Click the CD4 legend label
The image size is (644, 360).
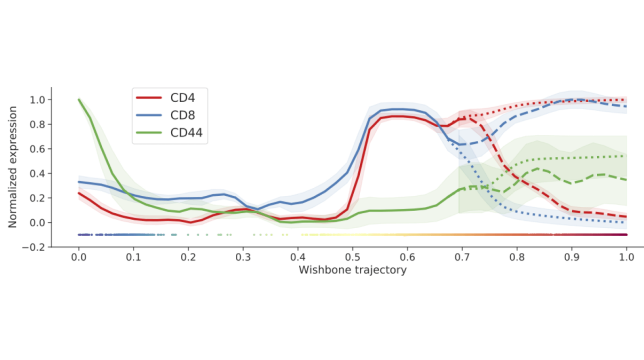(182, 98)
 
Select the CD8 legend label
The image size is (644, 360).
(182, 115)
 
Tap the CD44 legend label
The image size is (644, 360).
(186, 133)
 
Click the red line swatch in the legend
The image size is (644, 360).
(149, 98)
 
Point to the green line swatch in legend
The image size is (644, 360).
(149, 133)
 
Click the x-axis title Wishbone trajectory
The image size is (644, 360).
(352, 270)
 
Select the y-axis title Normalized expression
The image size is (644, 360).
(12, 167)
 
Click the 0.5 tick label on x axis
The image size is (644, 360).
(352, 257)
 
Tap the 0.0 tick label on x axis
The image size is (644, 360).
(79, 257)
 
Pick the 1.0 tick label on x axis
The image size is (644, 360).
(626, 257)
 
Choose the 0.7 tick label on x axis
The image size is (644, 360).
(462, 257)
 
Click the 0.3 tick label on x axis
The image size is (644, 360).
(243, 257)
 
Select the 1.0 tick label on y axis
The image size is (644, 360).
(37, 100)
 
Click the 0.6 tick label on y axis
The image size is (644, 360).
(37, 149)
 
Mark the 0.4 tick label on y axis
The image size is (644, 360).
(37, 174)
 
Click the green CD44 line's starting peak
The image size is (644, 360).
(79, 100)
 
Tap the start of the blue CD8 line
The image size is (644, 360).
(79, 182)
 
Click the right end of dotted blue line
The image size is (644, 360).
(626, 222)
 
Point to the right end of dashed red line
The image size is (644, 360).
(626, 217)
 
